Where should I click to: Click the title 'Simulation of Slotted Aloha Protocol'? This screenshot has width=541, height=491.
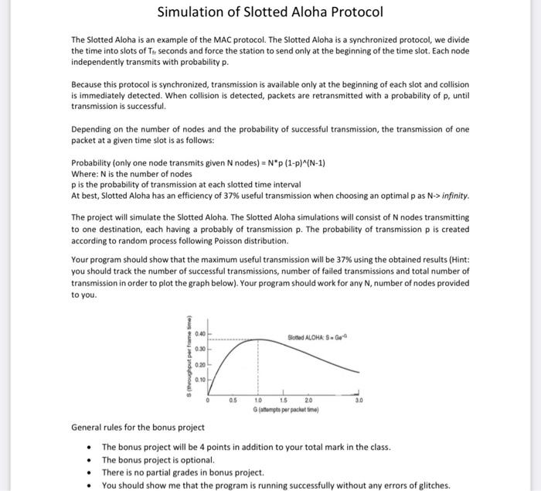pos(270,12)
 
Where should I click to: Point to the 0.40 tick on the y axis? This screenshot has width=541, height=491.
pos(200,334)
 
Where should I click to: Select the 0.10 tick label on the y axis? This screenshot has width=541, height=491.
pos(200,380)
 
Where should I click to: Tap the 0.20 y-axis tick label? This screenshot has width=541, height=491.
pos(200,364)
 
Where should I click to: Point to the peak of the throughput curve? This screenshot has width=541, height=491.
pos(258,339)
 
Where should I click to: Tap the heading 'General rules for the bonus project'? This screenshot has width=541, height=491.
pos(138,427)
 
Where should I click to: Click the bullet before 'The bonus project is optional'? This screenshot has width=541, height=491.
pos(91,460)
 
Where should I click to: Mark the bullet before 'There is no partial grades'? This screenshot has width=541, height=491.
pos(91,472)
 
